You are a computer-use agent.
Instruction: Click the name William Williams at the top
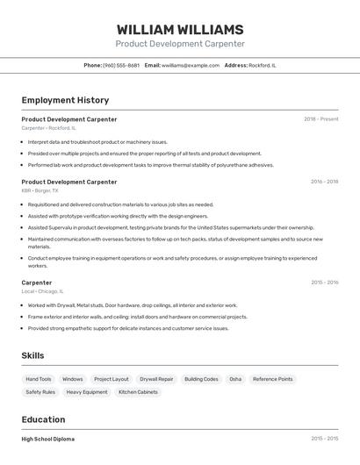180,29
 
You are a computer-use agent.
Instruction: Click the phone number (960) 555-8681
121,65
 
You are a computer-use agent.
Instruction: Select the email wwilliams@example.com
191,65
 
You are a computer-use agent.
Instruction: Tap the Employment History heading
65,100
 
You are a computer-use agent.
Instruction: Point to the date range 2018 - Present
321,119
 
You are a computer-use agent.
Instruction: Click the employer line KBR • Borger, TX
40,190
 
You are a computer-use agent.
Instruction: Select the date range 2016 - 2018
324,182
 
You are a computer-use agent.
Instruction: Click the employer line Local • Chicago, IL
42,291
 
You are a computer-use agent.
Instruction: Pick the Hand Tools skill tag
39,379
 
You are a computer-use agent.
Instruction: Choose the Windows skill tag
73,379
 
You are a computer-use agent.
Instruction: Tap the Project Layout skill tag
112,379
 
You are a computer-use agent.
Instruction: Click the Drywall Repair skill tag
156,379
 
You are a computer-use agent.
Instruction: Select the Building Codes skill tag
201,379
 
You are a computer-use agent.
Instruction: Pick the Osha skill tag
235,379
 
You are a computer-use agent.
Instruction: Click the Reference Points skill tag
272,379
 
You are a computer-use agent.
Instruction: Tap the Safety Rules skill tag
40,392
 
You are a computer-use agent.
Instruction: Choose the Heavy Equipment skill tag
87,392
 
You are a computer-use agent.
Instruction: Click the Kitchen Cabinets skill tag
138,392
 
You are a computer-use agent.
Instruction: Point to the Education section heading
43,419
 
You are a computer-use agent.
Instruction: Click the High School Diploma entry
48,439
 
